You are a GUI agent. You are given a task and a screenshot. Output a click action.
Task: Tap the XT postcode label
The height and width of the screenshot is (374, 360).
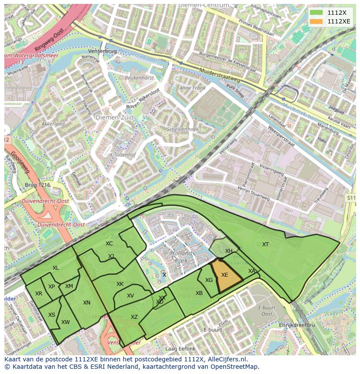[265, 245]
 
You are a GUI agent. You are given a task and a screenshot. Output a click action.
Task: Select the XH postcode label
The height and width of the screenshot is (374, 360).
[229, 251]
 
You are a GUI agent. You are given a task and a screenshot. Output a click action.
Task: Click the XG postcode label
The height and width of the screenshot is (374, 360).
[209, 280]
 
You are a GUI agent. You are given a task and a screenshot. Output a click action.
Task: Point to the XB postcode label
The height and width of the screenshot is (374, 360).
[199, 293]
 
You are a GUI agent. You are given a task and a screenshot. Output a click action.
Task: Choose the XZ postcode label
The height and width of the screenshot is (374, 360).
[134, 317]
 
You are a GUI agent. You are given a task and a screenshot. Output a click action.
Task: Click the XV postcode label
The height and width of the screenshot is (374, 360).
[130, 296]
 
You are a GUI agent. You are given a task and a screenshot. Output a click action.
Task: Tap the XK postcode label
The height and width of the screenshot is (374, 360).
[120, 284]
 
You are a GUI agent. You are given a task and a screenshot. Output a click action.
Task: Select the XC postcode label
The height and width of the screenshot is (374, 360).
[109, 244]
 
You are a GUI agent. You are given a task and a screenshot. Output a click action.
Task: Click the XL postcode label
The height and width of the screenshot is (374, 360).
[56, 268]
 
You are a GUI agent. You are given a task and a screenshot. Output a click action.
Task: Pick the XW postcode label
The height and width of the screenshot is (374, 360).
[66, 322]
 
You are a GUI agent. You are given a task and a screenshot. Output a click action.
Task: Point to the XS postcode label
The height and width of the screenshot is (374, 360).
[52, 315]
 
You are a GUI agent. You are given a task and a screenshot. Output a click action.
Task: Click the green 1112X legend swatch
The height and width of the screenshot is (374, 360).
[317, 13]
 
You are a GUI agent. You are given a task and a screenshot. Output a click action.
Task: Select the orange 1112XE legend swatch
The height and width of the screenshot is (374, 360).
[317, 21]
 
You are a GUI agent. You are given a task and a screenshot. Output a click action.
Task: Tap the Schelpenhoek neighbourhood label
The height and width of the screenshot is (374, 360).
[182, 129]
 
